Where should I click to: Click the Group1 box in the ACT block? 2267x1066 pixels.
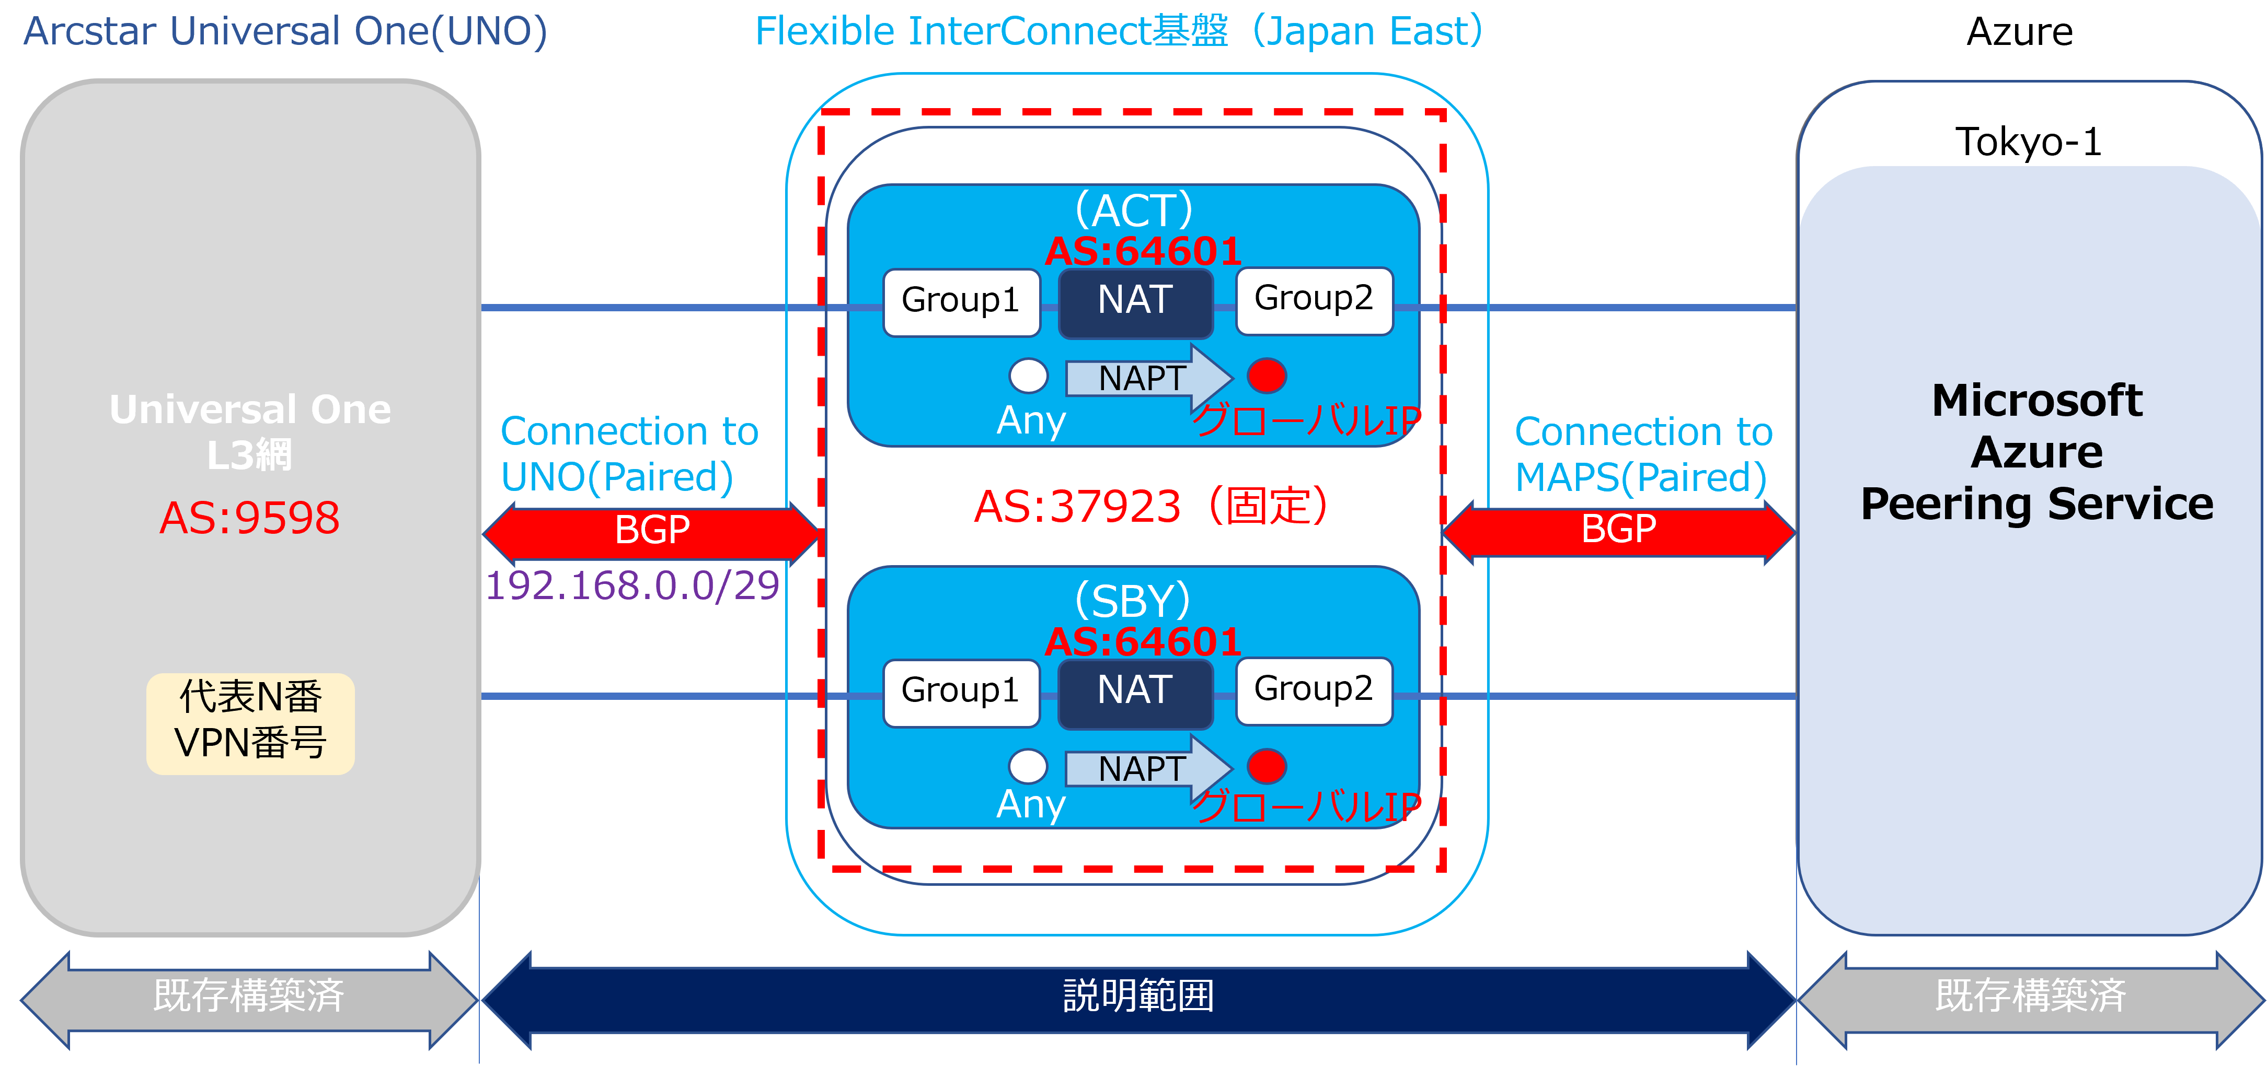961,302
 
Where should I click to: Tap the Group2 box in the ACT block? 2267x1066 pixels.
1314,300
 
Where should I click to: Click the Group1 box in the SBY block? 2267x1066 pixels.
961,692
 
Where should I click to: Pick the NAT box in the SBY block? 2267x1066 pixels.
1135,692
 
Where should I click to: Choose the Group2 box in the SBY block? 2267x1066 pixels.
1314,690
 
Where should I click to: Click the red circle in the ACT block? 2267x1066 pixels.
1267,376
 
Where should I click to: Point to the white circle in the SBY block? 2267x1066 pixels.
1028,766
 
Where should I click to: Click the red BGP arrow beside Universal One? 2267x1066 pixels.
651,531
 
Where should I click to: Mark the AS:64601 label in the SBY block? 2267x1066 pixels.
1142,642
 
